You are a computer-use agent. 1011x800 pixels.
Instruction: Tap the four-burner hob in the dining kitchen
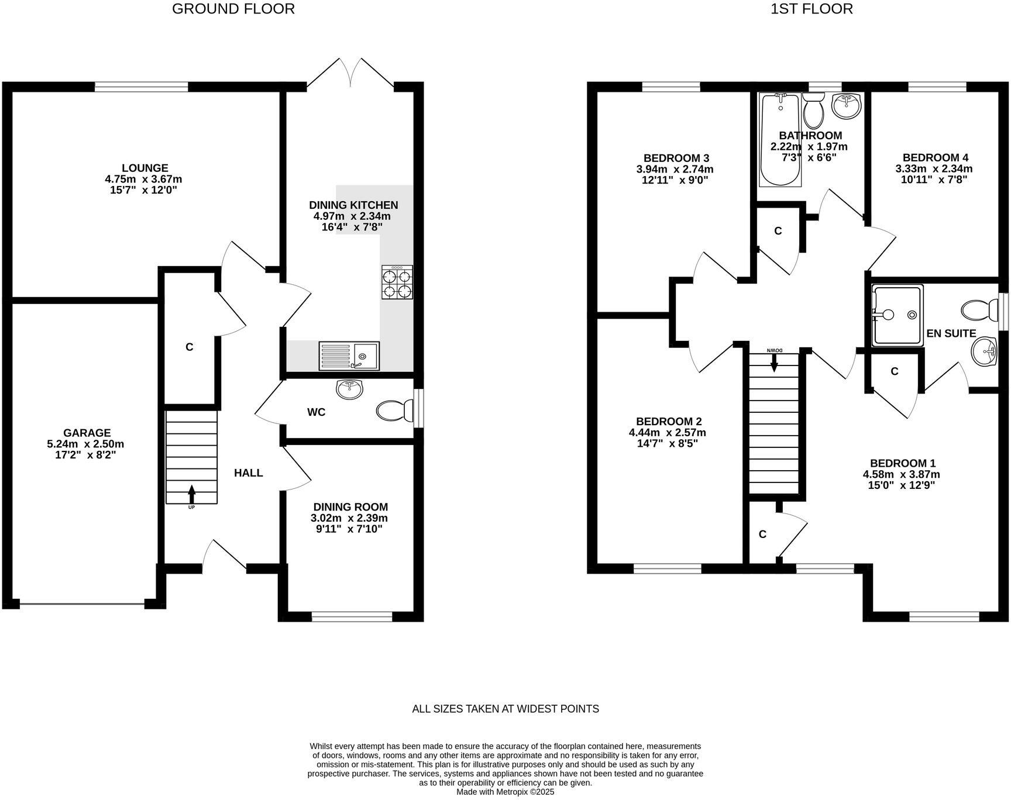tap(397, 282)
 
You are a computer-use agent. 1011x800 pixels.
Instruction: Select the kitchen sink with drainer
tap(349, 356)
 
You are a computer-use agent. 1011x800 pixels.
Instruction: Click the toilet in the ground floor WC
tap(393, 411)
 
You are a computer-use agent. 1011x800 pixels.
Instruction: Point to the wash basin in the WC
tap(349, 387)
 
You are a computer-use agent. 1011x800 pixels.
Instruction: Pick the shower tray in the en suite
tap(897, 316)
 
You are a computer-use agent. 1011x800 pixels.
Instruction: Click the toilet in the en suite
tap(979, 310)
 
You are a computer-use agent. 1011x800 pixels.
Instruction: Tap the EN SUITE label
tap(951, 333)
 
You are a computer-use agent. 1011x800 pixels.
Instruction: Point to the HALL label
tap(248, 473)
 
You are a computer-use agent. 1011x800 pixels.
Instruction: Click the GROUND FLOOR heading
tap(233, 9)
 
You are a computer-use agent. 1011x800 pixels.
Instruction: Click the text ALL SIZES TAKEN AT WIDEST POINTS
tap(505, 709)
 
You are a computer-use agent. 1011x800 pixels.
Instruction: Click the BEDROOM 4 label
tap(935, 157)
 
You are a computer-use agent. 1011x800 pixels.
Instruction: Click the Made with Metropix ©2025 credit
tap(505, 792)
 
